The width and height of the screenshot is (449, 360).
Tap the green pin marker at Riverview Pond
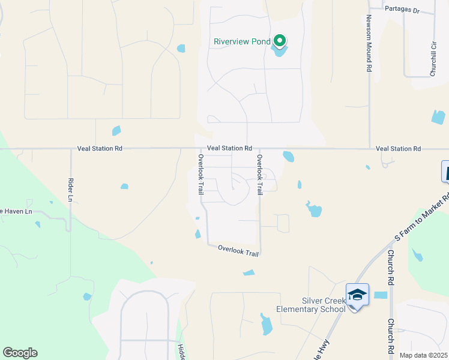279,41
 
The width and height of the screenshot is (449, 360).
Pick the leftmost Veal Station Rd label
100,148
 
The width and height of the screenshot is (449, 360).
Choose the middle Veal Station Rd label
229,148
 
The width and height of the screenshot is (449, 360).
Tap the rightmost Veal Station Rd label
398,148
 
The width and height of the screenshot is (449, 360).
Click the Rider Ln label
70,191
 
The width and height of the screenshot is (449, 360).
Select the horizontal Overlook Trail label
238,250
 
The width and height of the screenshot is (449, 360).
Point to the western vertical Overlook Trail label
201,174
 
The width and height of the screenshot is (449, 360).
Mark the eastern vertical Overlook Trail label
260,175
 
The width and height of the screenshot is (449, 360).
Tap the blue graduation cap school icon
357,294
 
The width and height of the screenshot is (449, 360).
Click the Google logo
20,353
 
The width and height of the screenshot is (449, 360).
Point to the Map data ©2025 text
424,355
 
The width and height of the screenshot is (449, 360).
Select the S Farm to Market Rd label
421,218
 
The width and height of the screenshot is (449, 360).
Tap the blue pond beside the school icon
381,295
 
